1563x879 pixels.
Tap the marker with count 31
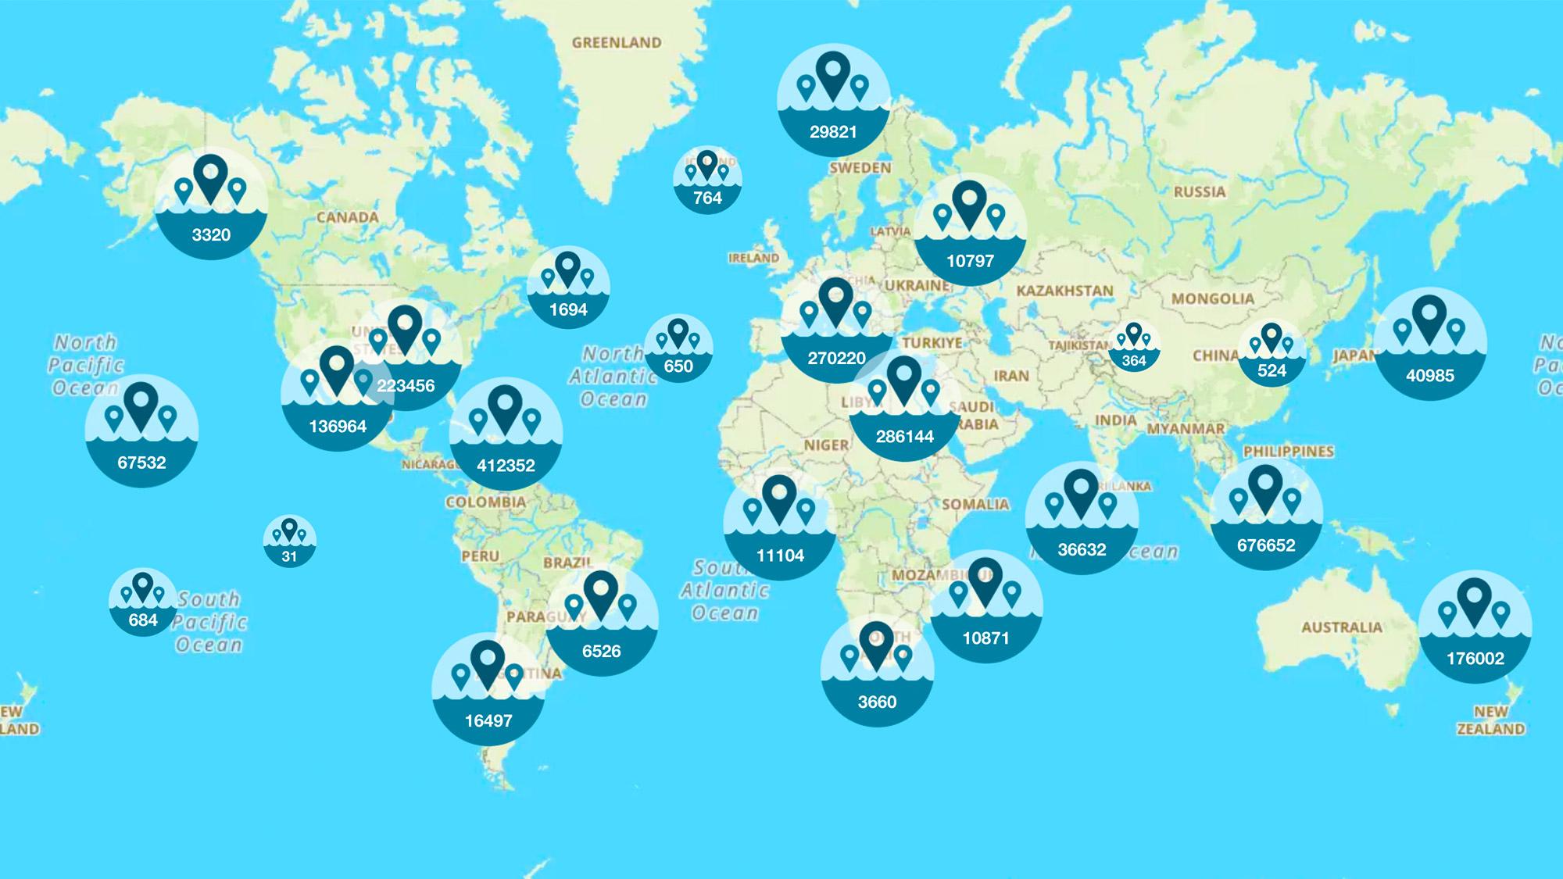coord(290,541)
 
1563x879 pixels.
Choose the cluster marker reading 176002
coord(1475,627)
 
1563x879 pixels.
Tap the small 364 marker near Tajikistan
coord(1134,347)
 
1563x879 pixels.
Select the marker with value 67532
coord(141,431)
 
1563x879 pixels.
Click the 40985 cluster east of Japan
coord(1429,344)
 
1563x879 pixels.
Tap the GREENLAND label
coord(617,43)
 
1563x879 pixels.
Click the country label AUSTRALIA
coord(1341,627)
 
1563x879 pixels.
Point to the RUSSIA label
coord(1199,191)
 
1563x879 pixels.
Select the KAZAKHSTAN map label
coord(1064,291)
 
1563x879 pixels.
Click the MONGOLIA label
coord(1212,298)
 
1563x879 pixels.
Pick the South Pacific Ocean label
coord(209,622)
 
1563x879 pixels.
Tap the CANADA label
coord(347,217)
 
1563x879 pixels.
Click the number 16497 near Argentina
coord(488,720)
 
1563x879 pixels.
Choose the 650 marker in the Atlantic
coord(678,348)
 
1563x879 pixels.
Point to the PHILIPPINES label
coord(1288,452)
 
